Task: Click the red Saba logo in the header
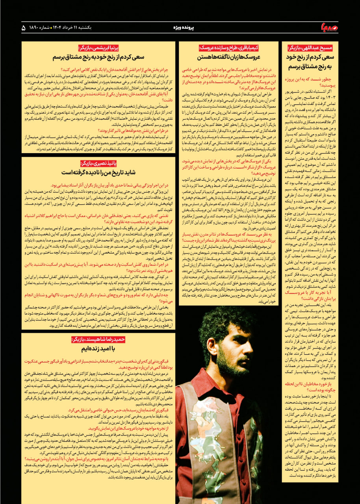[330, 28]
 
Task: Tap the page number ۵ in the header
[24, 28]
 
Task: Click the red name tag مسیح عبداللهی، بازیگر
[310, 48]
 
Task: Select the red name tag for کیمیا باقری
[229, 48]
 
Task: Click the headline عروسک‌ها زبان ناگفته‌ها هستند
[228, 57]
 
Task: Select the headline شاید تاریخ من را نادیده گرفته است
[98, 172]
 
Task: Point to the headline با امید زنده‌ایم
[98, 349]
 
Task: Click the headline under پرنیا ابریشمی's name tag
[98, 57]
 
